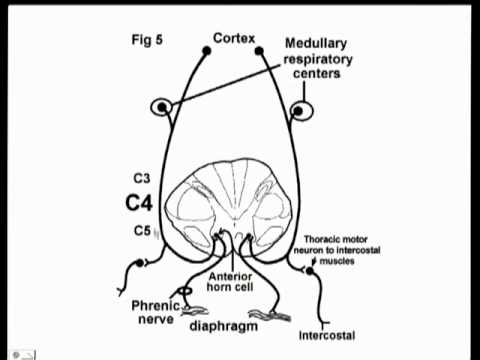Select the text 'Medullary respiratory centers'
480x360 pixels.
323,58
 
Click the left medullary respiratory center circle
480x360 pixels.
161,107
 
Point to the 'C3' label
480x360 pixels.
141,177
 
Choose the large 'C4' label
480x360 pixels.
140,203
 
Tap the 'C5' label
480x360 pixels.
141,231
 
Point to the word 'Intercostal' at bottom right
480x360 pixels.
326,335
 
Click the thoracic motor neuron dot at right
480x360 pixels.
311,271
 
